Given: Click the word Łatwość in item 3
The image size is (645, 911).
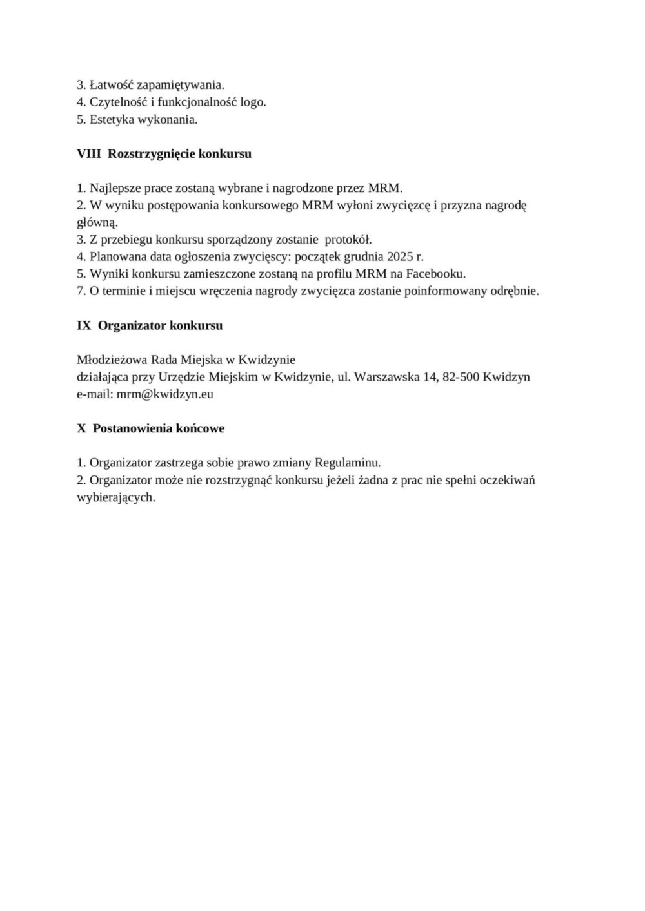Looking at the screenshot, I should pyautogui.click(x=112, y=84).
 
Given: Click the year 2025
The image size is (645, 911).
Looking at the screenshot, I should pyautogui.click(x=400, y=256).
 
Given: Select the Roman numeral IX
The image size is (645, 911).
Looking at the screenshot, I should pyautogui.click(x=84, y=325).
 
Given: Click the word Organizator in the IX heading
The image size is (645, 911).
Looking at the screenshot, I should pyautogui.click(x=132, y=325).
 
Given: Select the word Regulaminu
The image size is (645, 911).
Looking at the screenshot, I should pyautogui.click(x=348, y=463).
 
